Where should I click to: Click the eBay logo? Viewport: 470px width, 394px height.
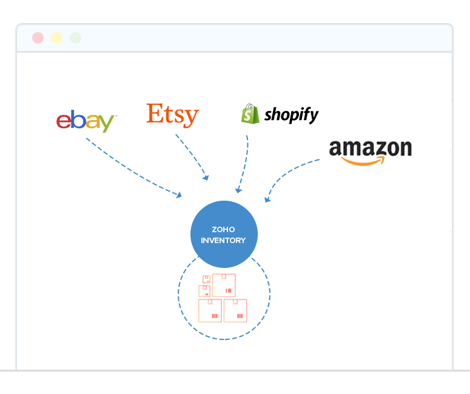tap(86, 121)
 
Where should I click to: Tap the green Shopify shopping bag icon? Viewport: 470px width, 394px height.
tap(250, 113)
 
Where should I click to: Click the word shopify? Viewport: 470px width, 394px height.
tap(291, 115)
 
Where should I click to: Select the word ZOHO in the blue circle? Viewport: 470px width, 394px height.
tap(223, 230)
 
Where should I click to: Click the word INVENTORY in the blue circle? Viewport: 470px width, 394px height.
tap(223, 240)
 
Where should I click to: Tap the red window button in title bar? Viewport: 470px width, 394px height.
tap(38, 38)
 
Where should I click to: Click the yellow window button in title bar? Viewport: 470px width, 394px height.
tap(56, 38)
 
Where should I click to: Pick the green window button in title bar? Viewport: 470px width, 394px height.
tap(75, 38)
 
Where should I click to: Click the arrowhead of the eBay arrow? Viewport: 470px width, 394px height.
tap(179, 195)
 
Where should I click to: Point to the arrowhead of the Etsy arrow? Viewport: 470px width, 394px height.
tap(206, 178)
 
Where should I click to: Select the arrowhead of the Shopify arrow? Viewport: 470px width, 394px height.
tap(238, 190)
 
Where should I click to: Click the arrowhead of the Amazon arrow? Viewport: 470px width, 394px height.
tap(267, 199)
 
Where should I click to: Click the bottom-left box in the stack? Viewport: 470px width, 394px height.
tap(210, 310)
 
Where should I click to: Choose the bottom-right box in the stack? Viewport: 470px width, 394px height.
tap(235, 310)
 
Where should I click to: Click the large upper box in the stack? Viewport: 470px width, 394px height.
tap(224, 285)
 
